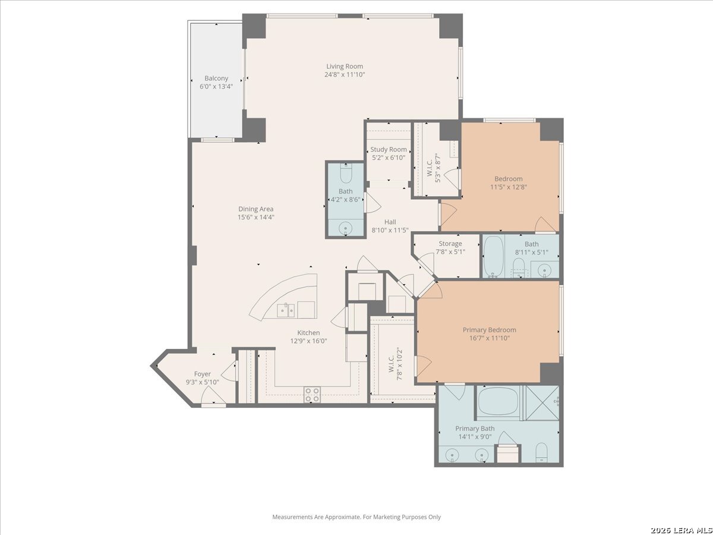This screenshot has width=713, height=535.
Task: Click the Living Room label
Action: (345, 66)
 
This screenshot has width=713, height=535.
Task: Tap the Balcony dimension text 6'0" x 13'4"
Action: (216, 87)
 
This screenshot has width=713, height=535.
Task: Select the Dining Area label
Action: (256, 209)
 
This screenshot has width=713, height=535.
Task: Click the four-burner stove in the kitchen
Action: (312, 395)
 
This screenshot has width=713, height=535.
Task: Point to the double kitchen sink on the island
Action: (286, 310)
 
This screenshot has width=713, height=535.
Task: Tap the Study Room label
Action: (389, 149)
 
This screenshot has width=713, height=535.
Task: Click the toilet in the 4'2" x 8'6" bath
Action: (346, 173)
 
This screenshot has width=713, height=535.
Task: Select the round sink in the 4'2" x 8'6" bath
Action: (345, 229)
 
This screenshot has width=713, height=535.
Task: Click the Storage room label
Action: (450, 244)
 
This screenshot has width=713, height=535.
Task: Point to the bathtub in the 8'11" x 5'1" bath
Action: (494, 256)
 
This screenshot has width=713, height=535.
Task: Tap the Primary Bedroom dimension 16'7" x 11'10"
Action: (490, 338)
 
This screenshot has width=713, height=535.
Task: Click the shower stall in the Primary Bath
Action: (542, 402)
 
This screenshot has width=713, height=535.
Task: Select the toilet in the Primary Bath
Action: (541, 452)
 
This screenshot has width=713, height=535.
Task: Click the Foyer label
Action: (203, 374)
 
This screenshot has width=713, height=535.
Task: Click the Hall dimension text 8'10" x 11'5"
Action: (390, 230)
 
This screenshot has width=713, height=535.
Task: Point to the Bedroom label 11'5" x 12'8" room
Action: (509, 179)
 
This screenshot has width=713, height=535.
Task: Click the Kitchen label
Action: (308, 333)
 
